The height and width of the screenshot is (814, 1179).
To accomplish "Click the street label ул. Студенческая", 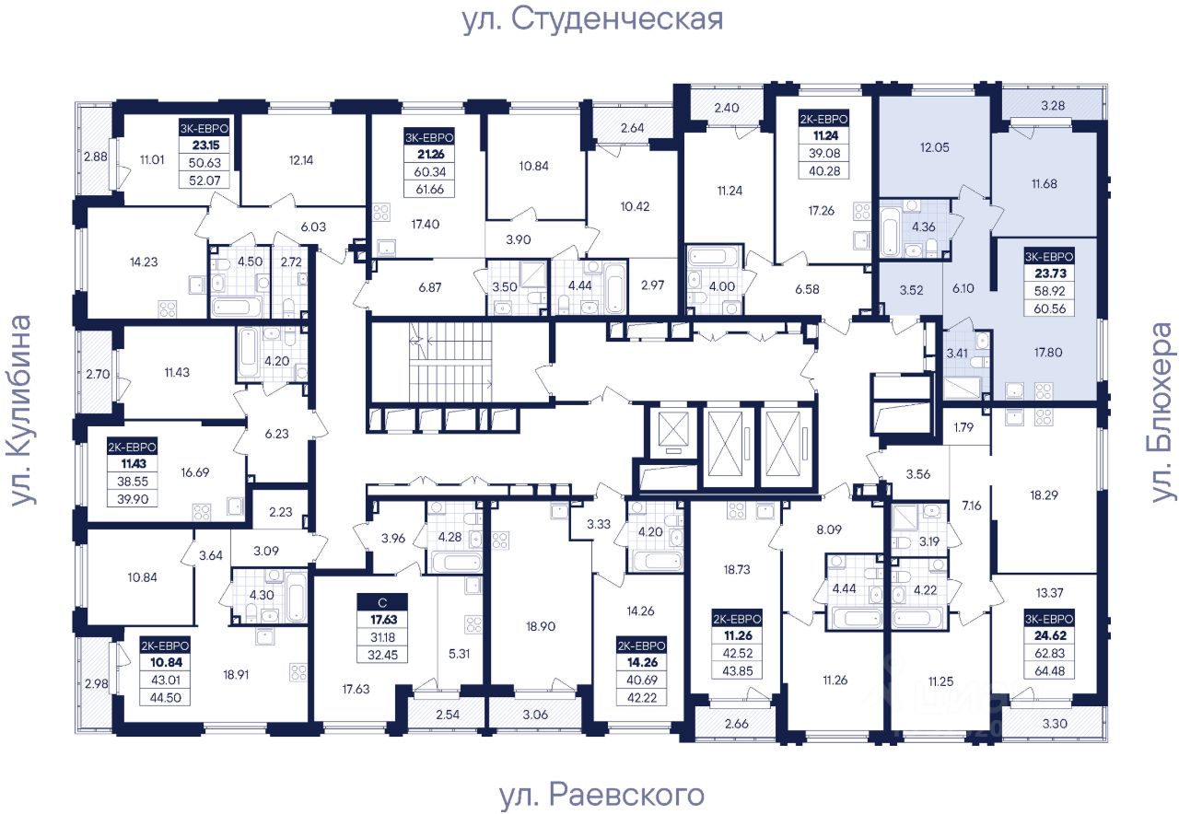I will (x=592, y=19).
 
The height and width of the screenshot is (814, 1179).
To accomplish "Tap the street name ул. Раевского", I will (x=601, y=794).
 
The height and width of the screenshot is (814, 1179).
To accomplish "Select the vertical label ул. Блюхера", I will (x=1163, y=412).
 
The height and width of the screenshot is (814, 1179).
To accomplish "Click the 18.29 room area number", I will (x=1045, y=495).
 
